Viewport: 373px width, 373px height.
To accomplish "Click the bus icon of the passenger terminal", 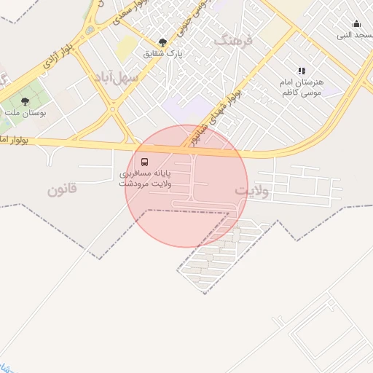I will point(144,162).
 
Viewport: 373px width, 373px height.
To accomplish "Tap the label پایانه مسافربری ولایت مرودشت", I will point(145,178).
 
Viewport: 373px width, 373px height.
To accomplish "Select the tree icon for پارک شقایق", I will point(162,42).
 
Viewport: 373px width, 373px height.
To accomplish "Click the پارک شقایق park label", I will point(162,53).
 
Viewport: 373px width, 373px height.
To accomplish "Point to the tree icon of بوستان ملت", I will point(25,102).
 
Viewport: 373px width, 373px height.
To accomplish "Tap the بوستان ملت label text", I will point(25,114).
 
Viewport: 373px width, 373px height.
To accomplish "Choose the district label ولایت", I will point(252,191).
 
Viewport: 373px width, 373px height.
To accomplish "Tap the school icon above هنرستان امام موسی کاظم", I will point(302,71).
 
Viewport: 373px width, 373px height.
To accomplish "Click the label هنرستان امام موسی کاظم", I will point(301,88).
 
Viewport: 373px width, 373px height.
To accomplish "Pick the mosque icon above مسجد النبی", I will point(356,24).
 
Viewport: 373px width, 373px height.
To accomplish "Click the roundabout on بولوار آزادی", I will point(90,31).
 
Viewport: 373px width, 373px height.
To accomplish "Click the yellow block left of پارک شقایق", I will point(126,47).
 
